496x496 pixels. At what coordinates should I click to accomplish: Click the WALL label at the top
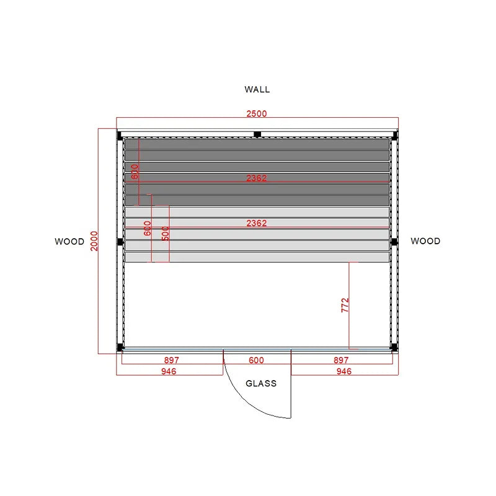click(257, 89)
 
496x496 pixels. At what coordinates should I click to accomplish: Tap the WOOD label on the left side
click(69, 242)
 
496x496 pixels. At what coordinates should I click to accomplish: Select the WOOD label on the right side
click(425, 241)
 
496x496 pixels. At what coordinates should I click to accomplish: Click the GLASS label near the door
click(261, 383)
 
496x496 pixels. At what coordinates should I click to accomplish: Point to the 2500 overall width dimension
click(257, 113)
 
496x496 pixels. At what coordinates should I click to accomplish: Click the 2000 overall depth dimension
click(94, 241)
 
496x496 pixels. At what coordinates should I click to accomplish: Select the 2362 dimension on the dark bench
click(257, 178)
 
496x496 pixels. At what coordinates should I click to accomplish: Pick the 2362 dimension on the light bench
click(257, 223)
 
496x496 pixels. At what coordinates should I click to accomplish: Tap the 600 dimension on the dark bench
click(135, 172)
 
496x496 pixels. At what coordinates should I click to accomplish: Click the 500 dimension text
click(166, 234)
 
